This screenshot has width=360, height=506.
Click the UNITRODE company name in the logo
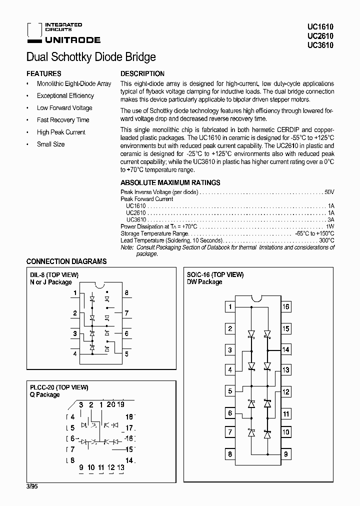point(72,40)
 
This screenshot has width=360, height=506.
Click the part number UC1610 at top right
point(324,27)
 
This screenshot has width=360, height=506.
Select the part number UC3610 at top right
point(324,45)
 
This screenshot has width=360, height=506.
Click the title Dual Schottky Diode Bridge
point(90,57)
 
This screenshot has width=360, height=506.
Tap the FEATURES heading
point(43,73)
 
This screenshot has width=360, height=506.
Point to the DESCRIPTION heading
point(142,73)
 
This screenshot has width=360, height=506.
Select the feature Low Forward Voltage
point(64,108)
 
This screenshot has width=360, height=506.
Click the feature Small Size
point(50,144)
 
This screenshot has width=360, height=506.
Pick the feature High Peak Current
point(61,132)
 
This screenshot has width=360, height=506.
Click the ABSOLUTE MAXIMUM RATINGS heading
point(170,183)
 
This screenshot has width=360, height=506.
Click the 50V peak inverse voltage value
point(328,192)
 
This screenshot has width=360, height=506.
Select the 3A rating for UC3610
point(330,219)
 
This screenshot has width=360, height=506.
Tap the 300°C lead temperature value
point(326,240)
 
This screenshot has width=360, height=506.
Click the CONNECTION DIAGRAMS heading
point(66,261)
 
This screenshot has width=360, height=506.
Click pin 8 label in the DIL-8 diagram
point(126,293)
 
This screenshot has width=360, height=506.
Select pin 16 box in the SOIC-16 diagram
point(285,307)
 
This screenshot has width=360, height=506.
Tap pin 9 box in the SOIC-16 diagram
point(285,454)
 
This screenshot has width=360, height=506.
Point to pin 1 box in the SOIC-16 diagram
point(230,307)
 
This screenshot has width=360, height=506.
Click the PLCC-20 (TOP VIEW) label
point(59,387)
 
